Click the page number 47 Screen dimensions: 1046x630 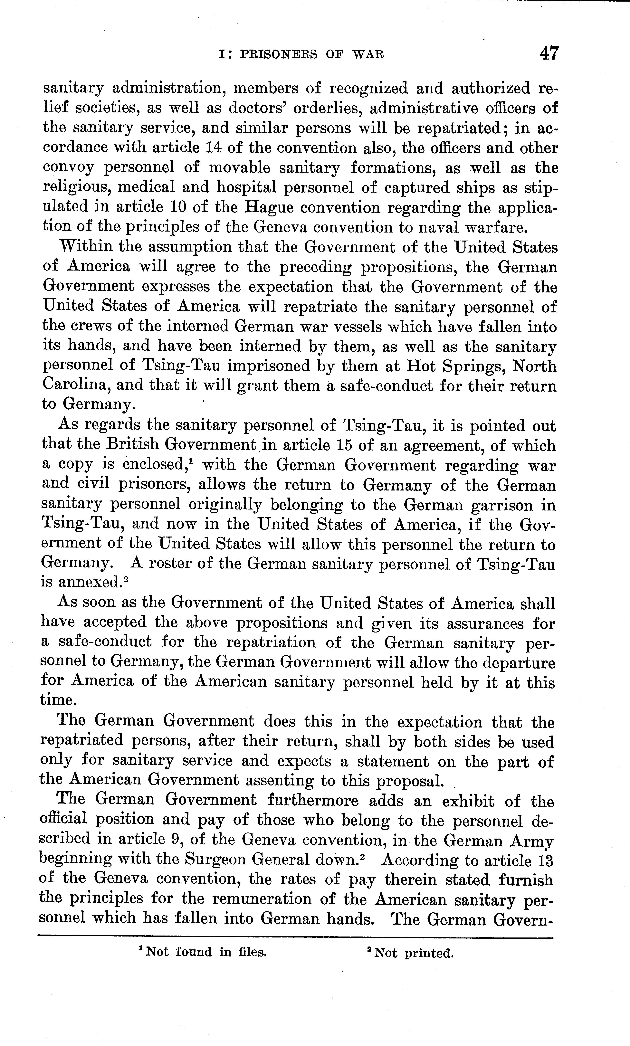(x=549, y=54)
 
